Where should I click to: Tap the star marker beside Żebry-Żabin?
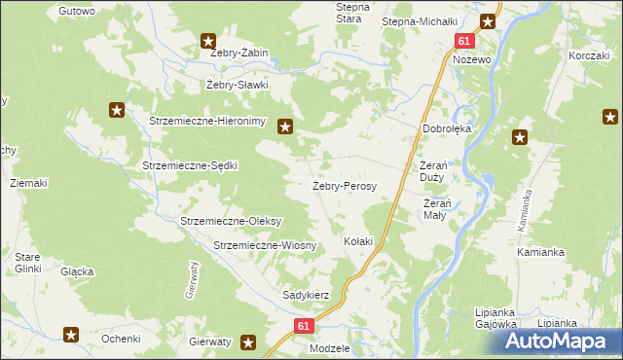tap(208, 41)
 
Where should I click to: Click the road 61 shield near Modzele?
tap(303, 327)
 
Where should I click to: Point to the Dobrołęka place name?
tap(446, 127)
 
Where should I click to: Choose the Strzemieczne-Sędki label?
tap(190, 165)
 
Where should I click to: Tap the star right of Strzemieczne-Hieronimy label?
tap(285, 125)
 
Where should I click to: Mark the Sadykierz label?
tap(307, 294)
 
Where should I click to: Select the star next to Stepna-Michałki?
tap(489, 20)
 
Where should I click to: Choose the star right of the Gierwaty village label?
tap(249, 342)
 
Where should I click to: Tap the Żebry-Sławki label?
tap(237, 85)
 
